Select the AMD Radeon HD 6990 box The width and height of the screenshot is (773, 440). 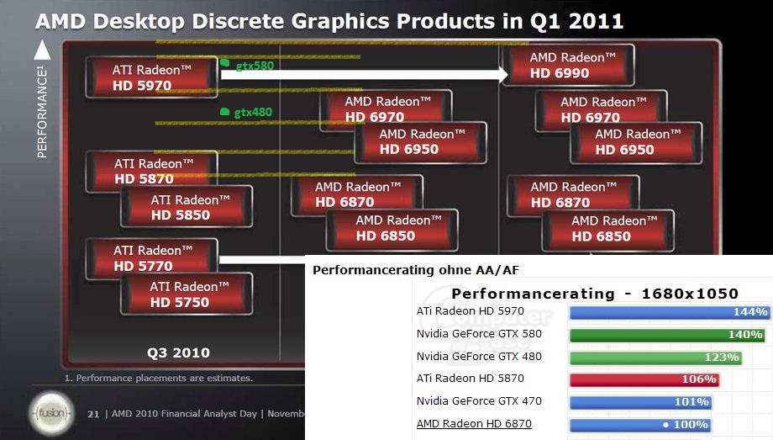(568, 66)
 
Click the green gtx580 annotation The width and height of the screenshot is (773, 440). (248, 65)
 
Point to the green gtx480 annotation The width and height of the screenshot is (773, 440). (247, 112)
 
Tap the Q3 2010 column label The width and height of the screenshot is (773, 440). (178, 353)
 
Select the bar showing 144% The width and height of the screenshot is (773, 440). (670, 312)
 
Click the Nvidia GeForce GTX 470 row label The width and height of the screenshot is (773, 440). (479, 401)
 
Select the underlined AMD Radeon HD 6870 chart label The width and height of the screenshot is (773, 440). (474, 424)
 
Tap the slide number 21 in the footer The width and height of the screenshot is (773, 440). (93, 413)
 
